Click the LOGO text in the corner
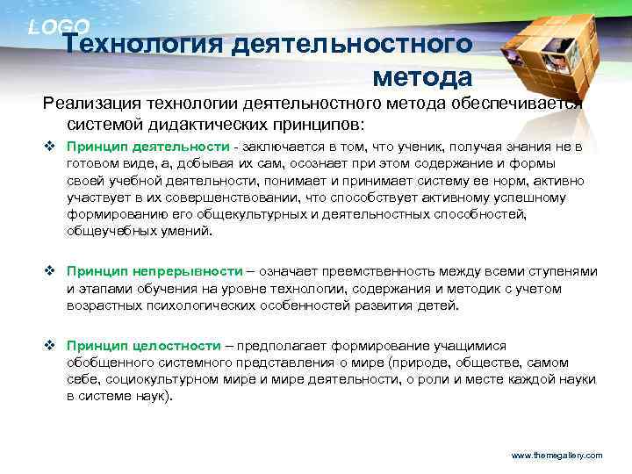(x=59, y=27)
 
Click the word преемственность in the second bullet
(x=378, y=272)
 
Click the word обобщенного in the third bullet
(x=110, y=363)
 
